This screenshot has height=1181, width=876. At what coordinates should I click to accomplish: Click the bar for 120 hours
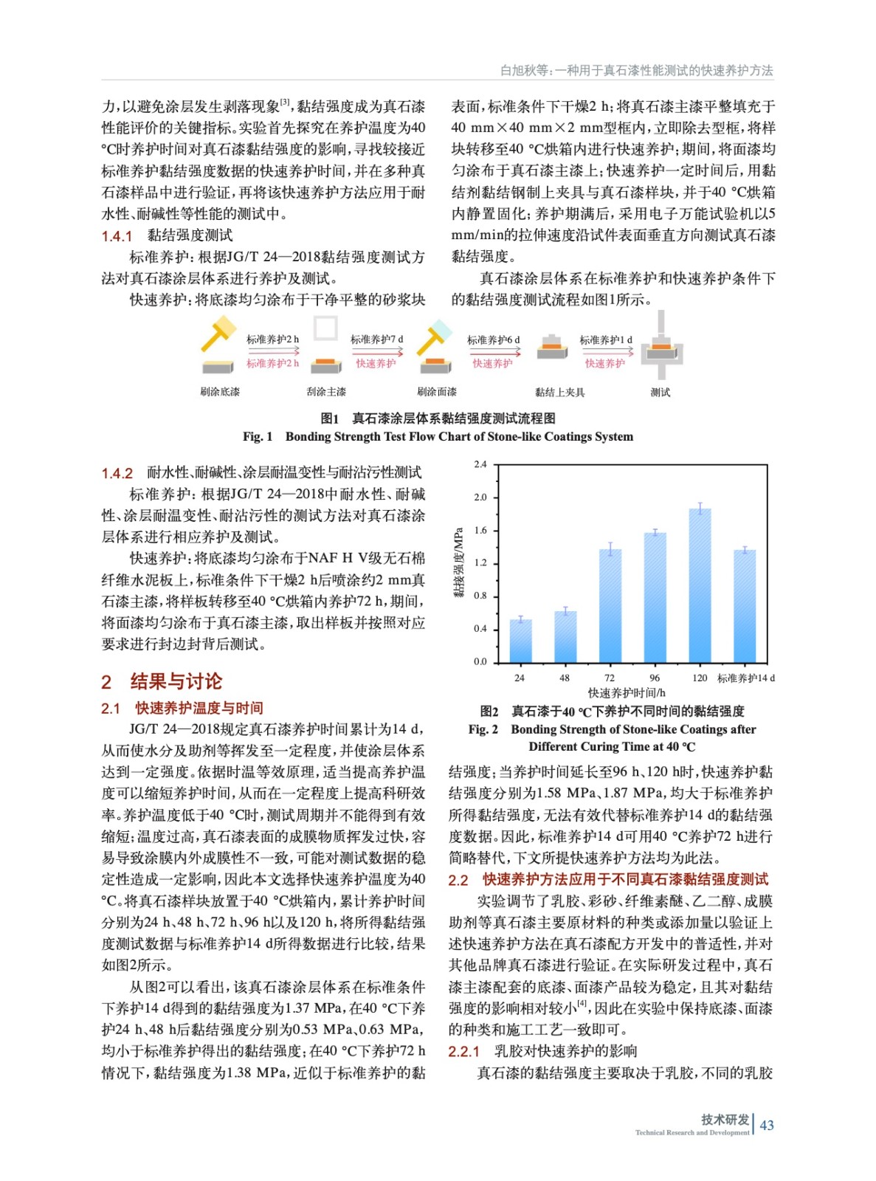click(700, 587)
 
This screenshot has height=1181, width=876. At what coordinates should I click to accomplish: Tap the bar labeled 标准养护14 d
click(745, 607)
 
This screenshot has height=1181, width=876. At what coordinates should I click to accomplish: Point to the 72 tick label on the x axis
click(610, 678)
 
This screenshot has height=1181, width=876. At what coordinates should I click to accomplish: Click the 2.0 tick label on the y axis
click(480, 497)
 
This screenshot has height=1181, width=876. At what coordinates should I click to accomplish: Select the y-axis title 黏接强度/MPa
click(459, 562)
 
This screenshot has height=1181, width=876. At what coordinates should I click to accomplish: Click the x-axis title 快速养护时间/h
click(626, 692)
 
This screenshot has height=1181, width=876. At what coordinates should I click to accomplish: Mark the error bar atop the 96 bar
click(655, 532)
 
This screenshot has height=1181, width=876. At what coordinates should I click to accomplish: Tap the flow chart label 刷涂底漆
click(219, 392)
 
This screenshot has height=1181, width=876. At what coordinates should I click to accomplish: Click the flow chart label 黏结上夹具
click(559, 392)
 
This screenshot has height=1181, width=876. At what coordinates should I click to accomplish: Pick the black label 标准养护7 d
click(376, 340)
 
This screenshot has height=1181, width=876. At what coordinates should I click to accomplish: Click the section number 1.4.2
click(117, 473)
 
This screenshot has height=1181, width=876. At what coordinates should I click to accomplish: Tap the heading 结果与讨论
click(176, 681)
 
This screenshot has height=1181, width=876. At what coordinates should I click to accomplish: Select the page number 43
click(767, 1126)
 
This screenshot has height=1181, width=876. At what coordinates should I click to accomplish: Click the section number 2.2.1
click(463, 1052)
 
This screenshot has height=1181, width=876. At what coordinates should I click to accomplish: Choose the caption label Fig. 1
click(258, 437)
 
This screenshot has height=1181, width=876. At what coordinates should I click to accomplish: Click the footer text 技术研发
click(725, 1120)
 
